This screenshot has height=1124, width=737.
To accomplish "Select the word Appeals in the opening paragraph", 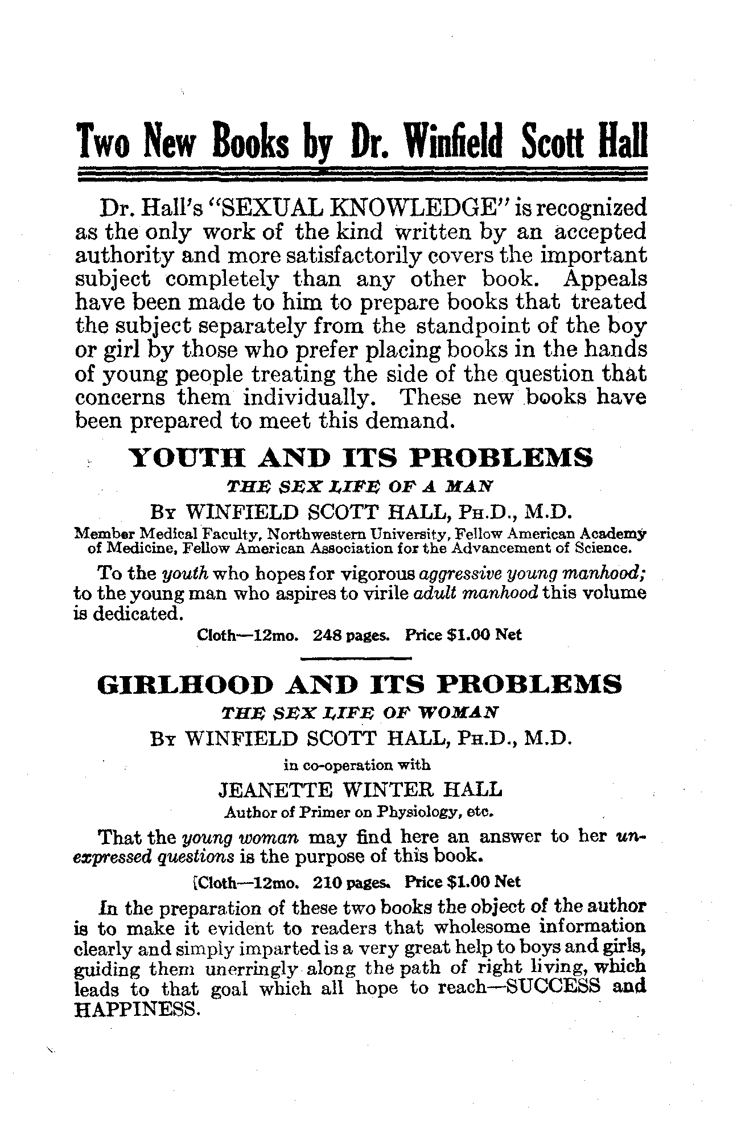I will (606, 279).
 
